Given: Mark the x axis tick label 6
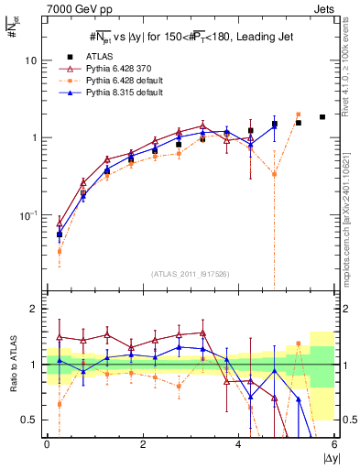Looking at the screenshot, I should tap(334, 444).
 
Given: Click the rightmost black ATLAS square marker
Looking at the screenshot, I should tap(322, 117).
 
